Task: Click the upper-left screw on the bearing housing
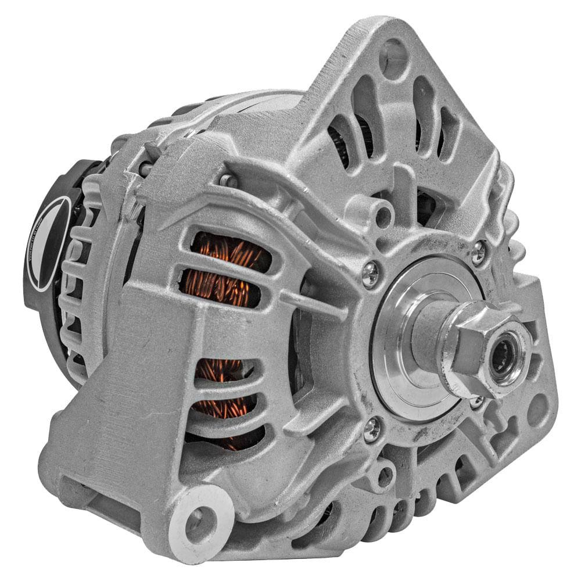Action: click(x=370, y=274)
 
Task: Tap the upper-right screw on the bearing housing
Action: click(x=478, y=252)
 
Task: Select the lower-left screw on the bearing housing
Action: click(x=372, y=430)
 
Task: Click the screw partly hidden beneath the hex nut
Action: click(x=477, y=401)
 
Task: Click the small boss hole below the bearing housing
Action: click(x=385, y=476)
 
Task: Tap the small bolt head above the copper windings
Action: click(x=228, y=181)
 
